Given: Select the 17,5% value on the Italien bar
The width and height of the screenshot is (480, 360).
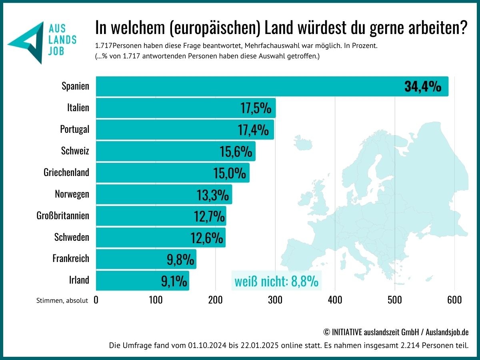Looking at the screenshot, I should point(256,108).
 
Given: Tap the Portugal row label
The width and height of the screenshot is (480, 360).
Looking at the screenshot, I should point(75,129).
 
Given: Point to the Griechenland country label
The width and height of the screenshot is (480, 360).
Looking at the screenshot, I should point(66,172).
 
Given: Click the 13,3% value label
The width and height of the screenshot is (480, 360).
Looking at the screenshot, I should point(213,195).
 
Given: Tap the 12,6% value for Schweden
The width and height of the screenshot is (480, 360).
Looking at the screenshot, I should point(207,238).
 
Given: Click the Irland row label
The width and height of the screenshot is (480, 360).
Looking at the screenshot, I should point(79,280).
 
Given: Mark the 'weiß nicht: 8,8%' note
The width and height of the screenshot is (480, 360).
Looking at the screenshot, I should point(276,282).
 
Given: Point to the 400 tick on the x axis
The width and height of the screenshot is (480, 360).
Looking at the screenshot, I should point(335,300).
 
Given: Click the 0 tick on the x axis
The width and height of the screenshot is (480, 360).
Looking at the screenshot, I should point(96,300).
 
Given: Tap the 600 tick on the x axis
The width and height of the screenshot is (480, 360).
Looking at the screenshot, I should point(454,300).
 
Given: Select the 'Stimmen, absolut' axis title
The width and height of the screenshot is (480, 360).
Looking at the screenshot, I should point(62,301).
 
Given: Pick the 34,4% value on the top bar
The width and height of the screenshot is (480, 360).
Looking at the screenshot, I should point(423,86).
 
